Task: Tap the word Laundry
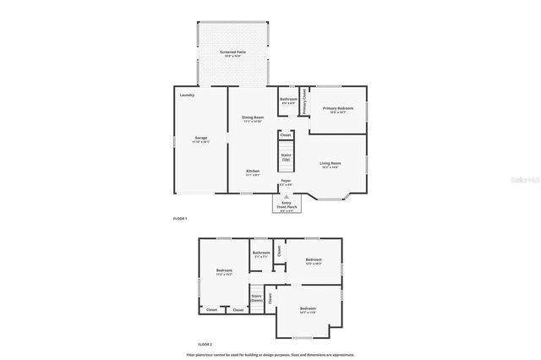(187, 95)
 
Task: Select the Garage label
(201, 139)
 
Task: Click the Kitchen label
(253, 172)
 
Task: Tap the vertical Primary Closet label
(303, 101)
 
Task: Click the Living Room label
(330, 165)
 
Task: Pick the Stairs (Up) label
(286, 157)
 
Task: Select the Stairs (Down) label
(256, 298)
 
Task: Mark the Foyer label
(287, 183)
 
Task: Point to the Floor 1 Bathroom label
(288, 101)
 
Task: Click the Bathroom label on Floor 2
(261, 254)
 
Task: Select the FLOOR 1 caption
(179, 219)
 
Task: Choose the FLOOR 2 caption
(205, 345)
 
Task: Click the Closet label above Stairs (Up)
(286, 134)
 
